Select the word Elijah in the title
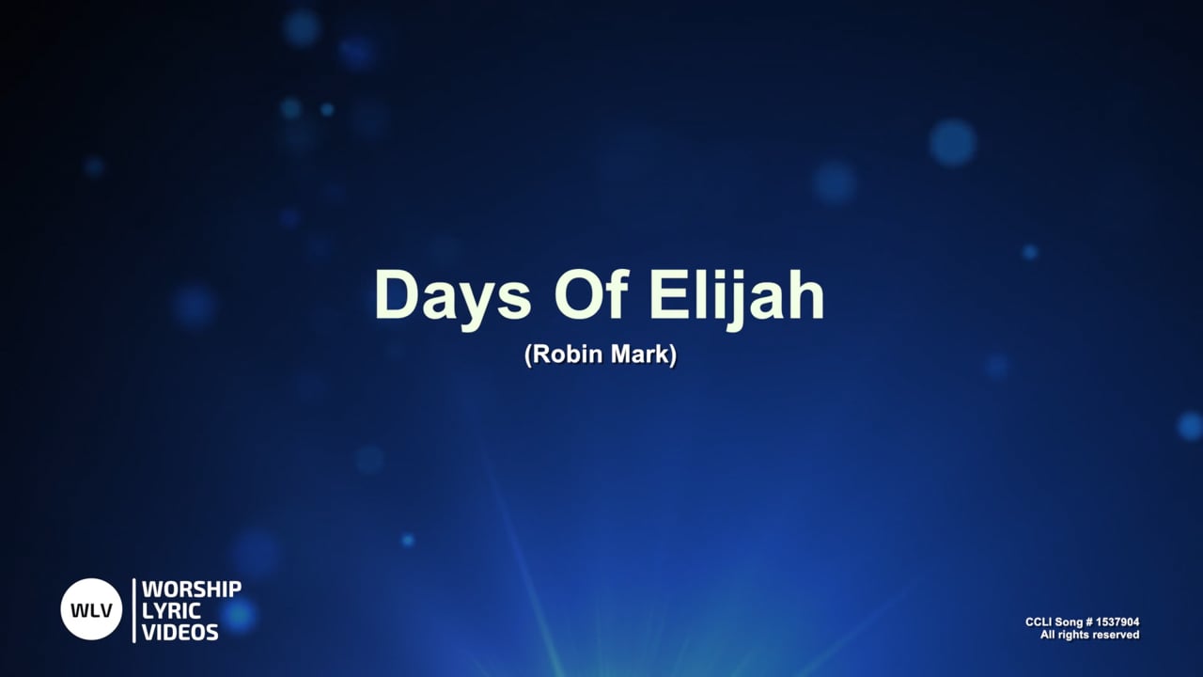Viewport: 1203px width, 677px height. [737, 296]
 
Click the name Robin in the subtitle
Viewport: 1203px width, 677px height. [566, 356]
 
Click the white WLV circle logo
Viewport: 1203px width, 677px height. [92, 609]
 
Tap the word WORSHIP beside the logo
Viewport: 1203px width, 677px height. [192, 590]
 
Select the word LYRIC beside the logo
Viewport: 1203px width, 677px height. [171, 610]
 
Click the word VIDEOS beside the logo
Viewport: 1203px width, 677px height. [180, 631]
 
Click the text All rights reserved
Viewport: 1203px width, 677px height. [1089, 636]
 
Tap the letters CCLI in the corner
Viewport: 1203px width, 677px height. [1039, 622]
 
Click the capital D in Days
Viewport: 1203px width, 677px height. [395, 296]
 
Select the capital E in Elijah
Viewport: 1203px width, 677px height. [669, 296]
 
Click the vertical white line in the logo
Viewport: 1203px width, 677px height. [133, 610]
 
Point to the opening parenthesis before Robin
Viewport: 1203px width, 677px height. [528, 357]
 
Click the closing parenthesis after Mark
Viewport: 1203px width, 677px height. [673, 357]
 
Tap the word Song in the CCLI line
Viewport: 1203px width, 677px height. [1070, 622]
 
